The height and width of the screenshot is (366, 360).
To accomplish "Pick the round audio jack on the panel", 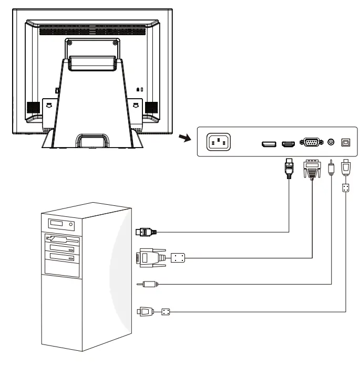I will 331,142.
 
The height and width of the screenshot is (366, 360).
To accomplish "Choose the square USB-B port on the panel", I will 346,142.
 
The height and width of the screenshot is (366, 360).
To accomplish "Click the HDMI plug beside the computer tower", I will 145,231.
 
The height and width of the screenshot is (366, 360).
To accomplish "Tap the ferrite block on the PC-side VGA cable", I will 177,258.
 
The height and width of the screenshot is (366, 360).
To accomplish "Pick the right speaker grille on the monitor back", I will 152,108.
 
